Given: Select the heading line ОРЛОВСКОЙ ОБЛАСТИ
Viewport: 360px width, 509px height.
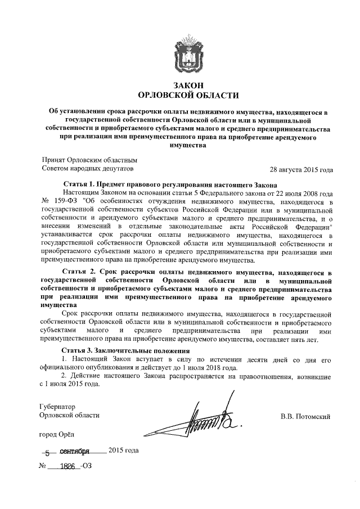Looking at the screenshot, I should [x=181, y=95].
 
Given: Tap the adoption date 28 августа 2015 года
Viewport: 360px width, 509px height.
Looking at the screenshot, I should [x=301, y=169].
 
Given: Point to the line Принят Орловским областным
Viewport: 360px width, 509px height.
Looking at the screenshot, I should [x=90, y=160].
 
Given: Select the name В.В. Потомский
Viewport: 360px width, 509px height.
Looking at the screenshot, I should [x=305, y=416].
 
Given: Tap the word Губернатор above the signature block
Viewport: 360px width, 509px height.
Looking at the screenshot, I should [x=58, y=406].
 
